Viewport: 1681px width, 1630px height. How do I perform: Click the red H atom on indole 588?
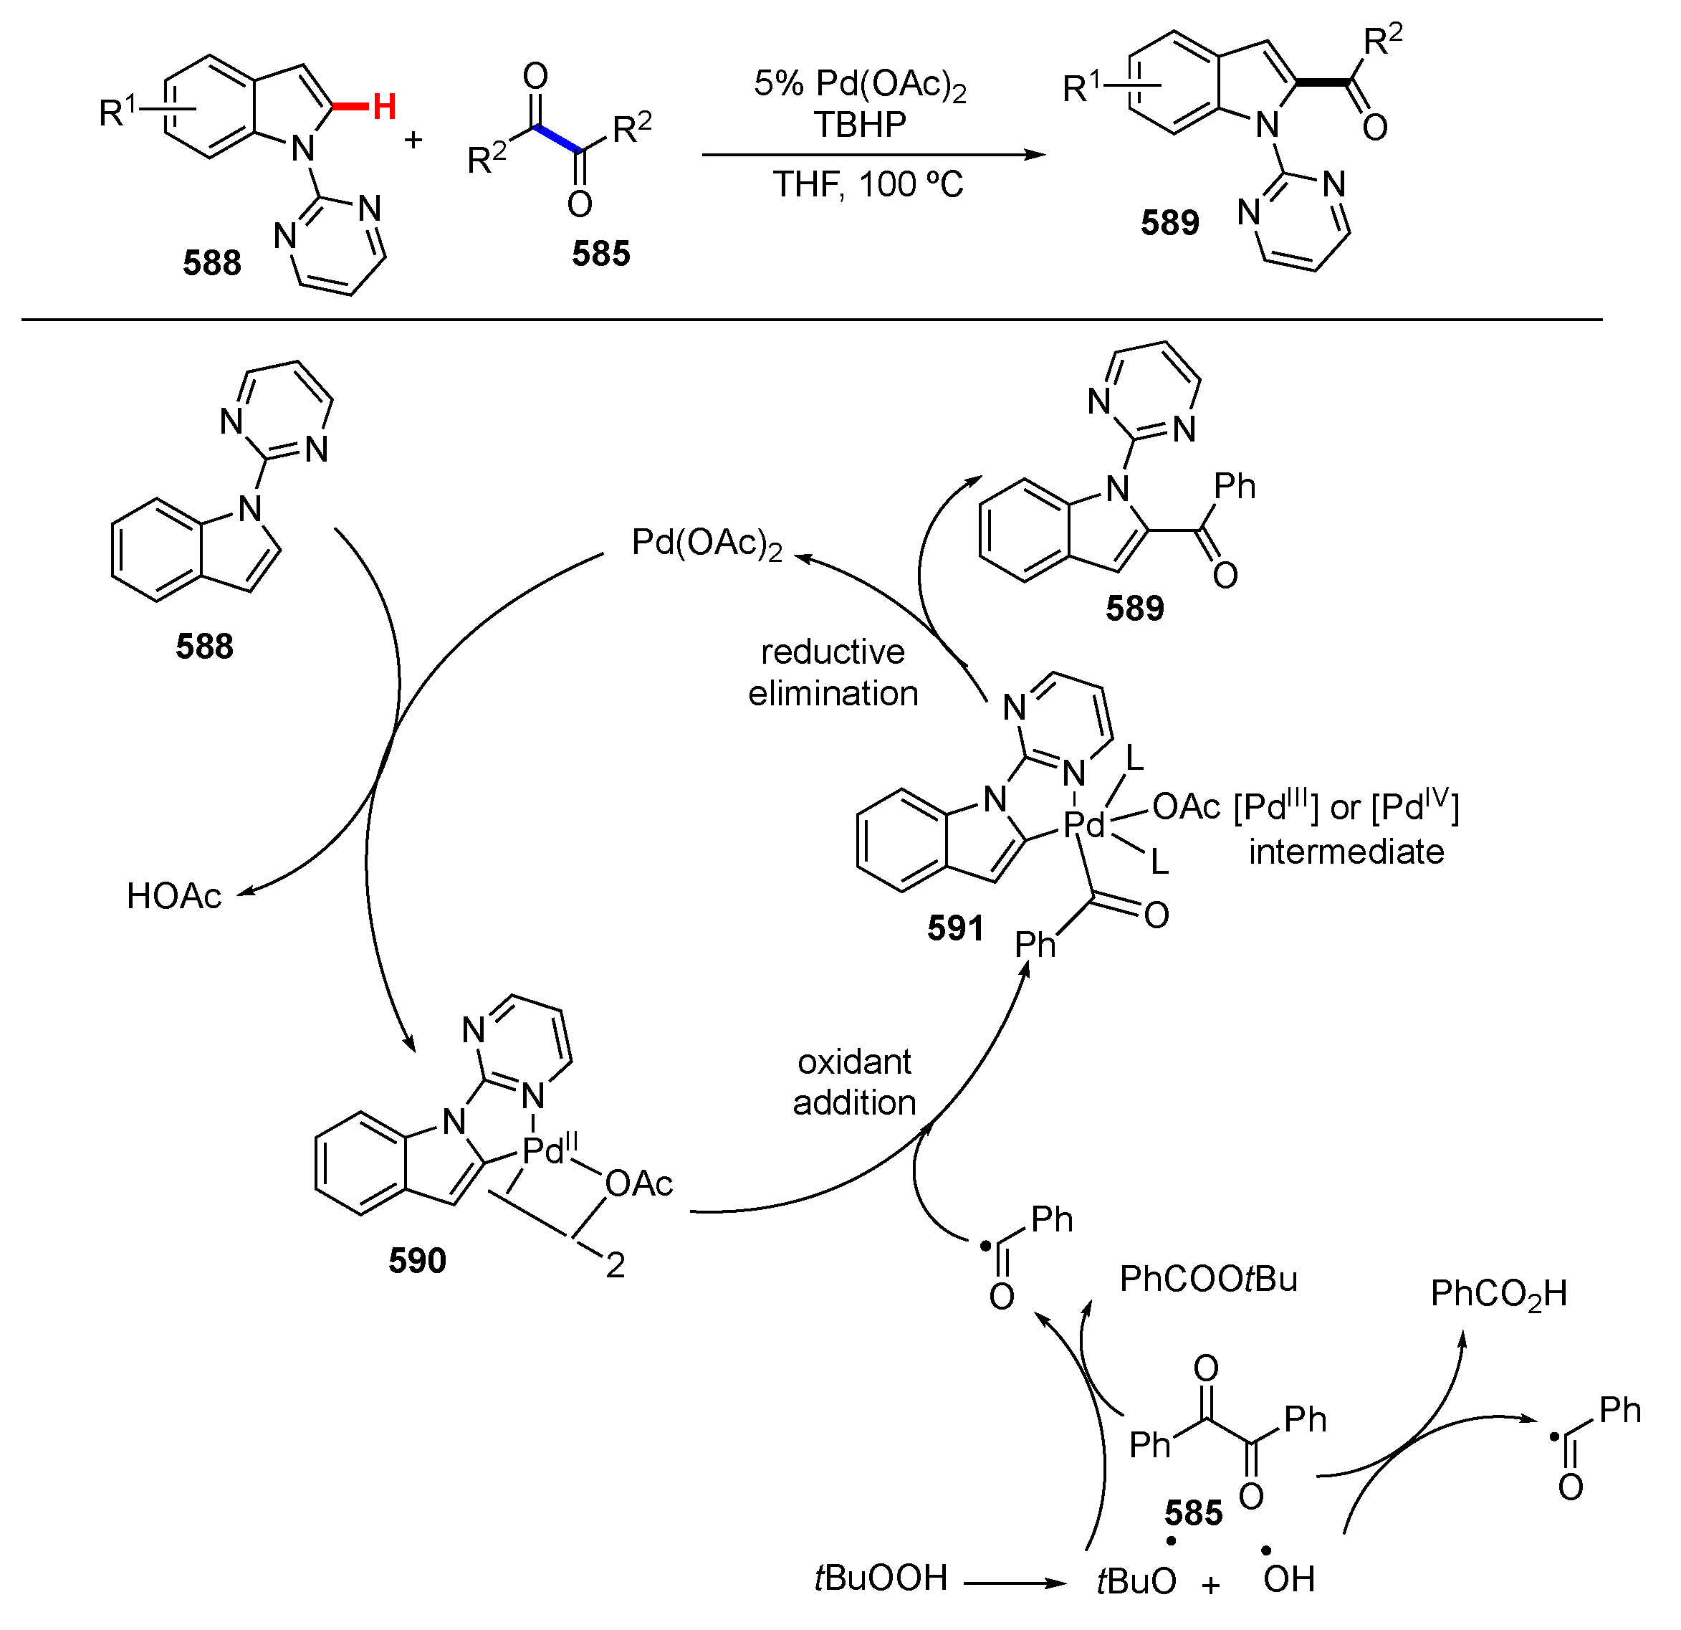click(x=384, y=108)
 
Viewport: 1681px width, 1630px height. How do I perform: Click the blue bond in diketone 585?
click(x=558, y=140)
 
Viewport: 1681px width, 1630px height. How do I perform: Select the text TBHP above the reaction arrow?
click(x=861, y=125)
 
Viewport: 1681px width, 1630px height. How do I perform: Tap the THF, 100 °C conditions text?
click(x=868, y=184)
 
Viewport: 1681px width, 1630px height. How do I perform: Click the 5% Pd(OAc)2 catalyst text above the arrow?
click(x=861, y=84)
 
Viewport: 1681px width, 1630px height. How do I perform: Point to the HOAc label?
click(x=174, y=897)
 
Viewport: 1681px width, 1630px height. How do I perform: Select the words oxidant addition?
click(x=854, y=1082)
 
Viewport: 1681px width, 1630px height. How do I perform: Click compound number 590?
click(x=418, y=1260)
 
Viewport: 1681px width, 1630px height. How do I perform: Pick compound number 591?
click(x=955, y=928)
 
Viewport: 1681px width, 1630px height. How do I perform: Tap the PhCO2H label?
click(x=1498, y=1294)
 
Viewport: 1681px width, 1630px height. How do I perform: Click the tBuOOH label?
click(x=881, y=1578)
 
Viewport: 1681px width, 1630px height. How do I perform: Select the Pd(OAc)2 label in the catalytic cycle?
click(x=707, y=544)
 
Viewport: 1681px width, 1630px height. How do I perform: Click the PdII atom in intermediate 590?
click(x=550, y=1150)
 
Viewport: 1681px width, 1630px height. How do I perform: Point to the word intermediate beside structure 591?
click(x=1346, y=852)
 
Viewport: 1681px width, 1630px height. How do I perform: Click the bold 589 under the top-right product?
click(x=1170, y=223)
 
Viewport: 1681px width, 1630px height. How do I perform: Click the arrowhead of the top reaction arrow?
click(x=1038, y=156)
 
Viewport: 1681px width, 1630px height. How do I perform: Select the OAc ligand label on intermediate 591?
click(x=1186, y=806)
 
